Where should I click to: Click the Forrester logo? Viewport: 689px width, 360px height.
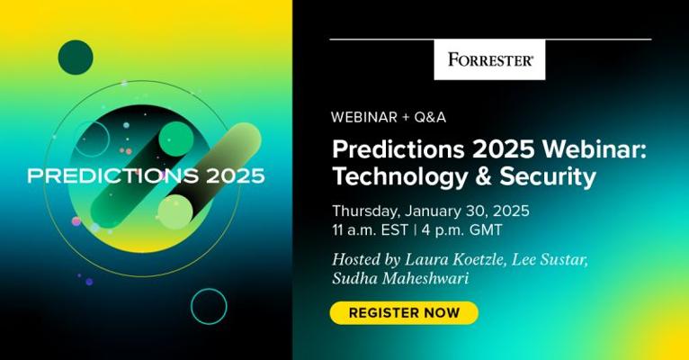(x=489, y=59)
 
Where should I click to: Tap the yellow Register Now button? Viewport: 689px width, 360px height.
(x=404, y=313)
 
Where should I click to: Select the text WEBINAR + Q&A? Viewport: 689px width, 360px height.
(x=389, y=117)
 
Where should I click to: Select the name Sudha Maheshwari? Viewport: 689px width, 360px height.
(x=401, y=278)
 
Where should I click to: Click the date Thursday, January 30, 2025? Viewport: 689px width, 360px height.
(x=431, y=211)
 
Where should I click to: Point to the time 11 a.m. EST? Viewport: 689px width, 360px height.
(x=371, y=229)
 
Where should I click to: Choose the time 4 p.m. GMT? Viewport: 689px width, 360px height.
(x=461, y=229)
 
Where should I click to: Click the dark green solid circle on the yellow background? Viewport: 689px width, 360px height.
(x=76, y=57)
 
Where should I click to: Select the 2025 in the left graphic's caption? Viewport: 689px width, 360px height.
(x=236, y=175)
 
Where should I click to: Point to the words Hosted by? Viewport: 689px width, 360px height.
(x=366, y=259)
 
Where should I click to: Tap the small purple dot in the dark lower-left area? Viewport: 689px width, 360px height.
(x=89, y=282)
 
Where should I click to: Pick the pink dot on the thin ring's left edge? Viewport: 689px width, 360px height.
(x=76, y=221)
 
